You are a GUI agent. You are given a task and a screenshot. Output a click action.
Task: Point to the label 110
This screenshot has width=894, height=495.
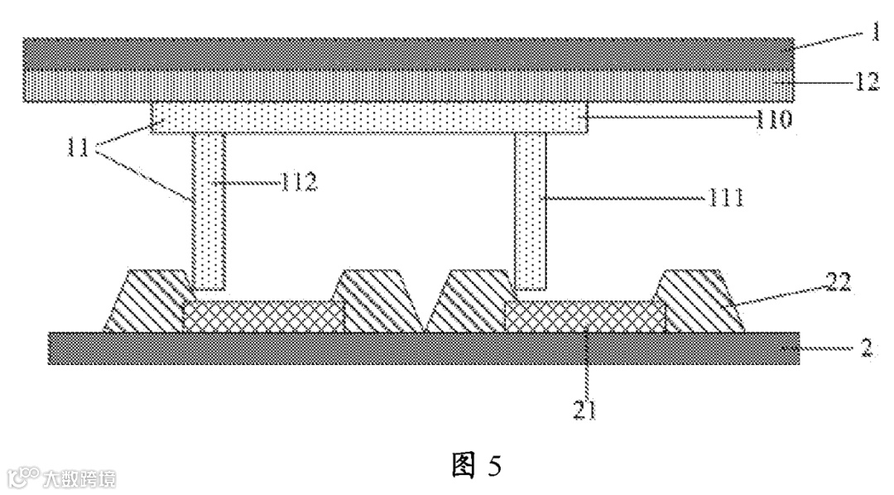[x=773, y=119]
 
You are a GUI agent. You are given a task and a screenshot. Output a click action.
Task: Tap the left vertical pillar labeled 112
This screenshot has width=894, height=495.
[x=209, y=211]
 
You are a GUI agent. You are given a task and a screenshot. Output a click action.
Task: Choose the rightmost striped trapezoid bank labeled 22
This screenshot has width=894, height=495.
[x=699, y=302]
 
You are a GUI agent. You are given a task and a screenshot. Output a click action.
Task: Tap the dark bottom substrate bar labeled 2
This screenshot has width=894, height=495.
[x=422, y=348]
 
